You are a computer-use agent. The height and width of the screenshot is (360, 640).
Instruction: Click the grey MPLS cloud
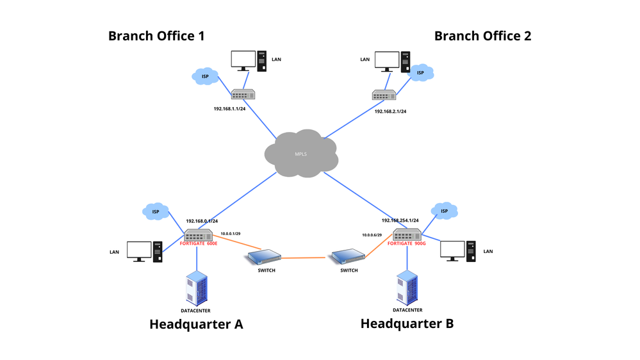301,154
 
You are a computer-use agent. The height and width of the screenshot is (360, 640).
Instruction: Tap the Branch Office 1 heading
156,36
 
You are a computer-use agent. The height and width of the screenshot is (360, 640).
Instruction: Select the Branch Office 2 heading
482,36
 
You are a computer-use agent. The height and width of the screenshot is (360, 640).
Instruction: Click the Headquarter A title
196,324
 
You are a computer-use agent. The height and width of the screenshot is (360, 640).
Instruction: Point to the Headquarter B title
407,323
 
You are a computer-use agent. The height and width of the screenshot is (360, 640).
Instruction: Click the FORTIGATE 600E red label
199,244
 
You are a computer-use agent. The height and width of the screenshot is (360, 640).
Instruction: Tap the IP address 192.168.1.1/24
230,109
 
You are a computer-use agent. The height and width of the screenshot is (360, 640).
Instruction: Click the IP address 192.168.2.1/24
390,111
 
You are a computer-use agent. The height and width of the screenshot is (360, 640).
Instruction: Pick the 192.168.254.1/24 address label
400,220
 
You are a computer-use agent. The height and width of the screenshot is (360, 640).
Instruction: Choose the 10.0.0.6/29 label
372,235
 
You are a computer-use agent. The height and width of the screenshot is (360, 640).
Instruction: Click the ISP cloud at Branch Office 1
205,76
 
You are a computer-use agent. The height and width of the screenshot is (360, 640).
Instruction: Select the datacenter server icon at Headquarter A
196,288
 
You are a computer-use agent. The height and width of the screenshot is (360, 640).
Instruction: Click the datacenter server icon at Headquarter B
407,287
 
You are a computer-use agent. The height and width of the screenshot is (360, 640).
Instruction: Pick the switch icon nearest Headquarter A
264,258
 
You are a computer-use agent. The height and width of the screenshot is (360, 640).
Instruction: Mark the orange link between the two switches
305,258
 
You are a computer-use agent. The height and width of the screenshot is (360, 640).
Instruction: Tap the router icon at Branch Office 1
243,94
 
